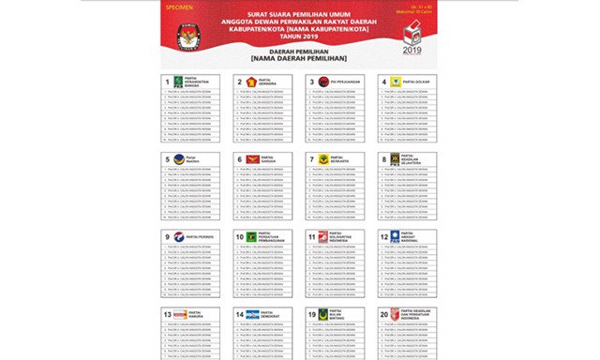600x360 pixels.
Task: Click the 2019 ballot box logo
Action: (x=412, y=36)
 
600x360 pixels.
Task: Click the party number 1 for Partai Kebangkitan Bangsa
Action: (x=168, y=82)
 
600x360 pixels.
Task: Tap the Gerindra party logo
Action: (x=250, y=82)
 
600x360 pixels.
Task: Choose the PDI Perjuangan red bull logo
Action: (x=323, y=82)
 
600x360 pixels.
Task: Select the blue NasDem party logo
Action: (x=179, y=159)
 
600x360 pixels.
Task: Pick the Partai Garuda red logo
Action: (x=250, y=159)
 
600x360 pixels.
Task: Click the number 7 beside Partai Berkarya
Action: (x=312, y=159)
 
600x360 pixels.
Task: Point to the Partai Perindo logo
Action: (x=179, y=237)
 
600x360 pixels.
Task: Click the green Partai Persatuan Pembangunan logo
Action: (x=250, y=237)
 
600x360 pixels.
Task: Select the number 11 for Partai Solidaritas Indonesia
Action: (x=311, y=237)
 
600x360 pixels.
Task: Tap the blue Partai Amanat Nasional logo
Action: (x=396, y=237)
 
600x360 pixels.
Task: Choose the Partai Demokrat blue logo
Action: (x=251, y=315)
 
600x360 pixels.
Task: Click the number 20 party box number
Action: (x=384, y=315)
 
